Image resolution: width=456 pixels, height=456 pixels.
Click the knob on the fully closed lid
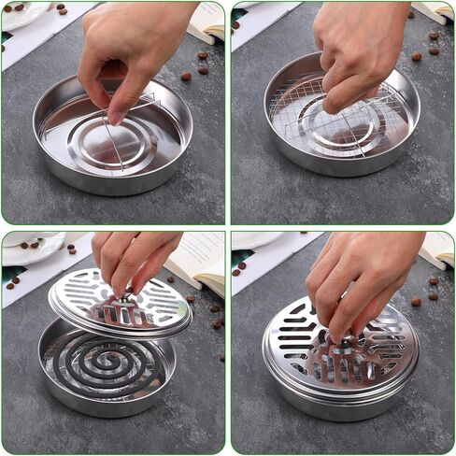343,345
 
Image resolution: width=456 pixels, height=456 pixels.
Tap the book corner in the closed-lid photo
437,249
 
